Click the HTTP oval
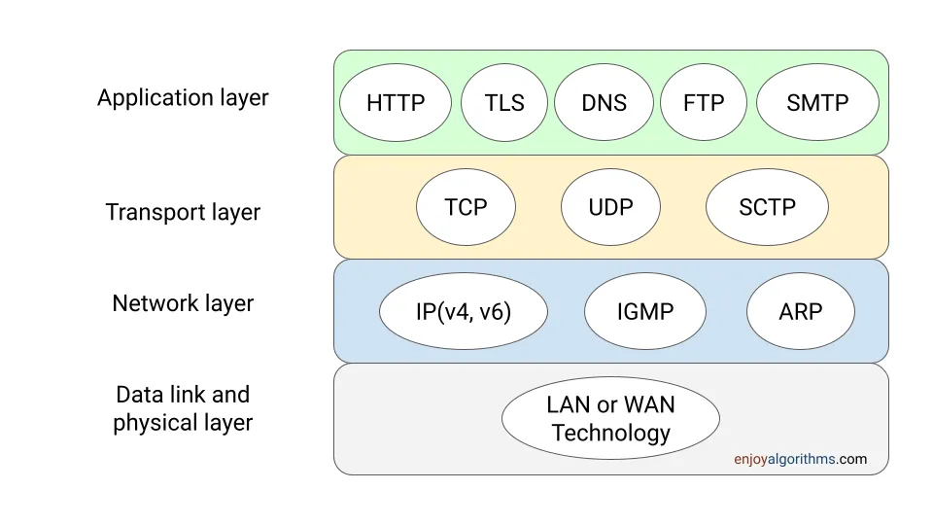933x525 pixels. point(396,103)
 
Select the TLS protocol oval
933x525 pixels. point(504,103)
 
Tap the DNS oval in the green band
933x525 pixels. point(604,103)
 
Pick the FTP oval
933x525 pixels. point(704,103)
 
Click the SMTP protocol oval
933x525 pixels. point(817,103)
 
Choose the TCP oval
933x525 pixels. point(466,207)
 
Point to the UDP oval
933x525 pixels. point(610,207)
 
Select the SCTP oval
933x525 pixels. point(767,207)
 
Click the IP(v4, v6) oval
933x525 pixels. point(464,311)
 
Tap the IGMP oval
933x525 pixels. point(645,311)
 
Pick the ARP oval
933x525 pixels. point(800,311)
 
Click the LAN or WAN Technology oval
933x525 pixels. point(610,419)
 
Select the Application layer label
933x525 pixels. point(183,98)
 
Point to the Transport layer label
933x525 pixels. point(183,212)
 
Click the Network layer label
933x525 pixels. point(183,303)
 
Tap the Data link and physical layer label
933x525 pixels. point(183,408)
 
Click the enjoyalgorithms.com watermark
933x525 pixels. point(800,459)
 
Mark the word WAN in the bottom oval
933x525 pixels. point(649,405)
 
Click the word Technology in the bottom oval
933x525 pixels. point(610,433)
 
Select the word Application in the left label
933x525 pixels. point(155,98)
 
